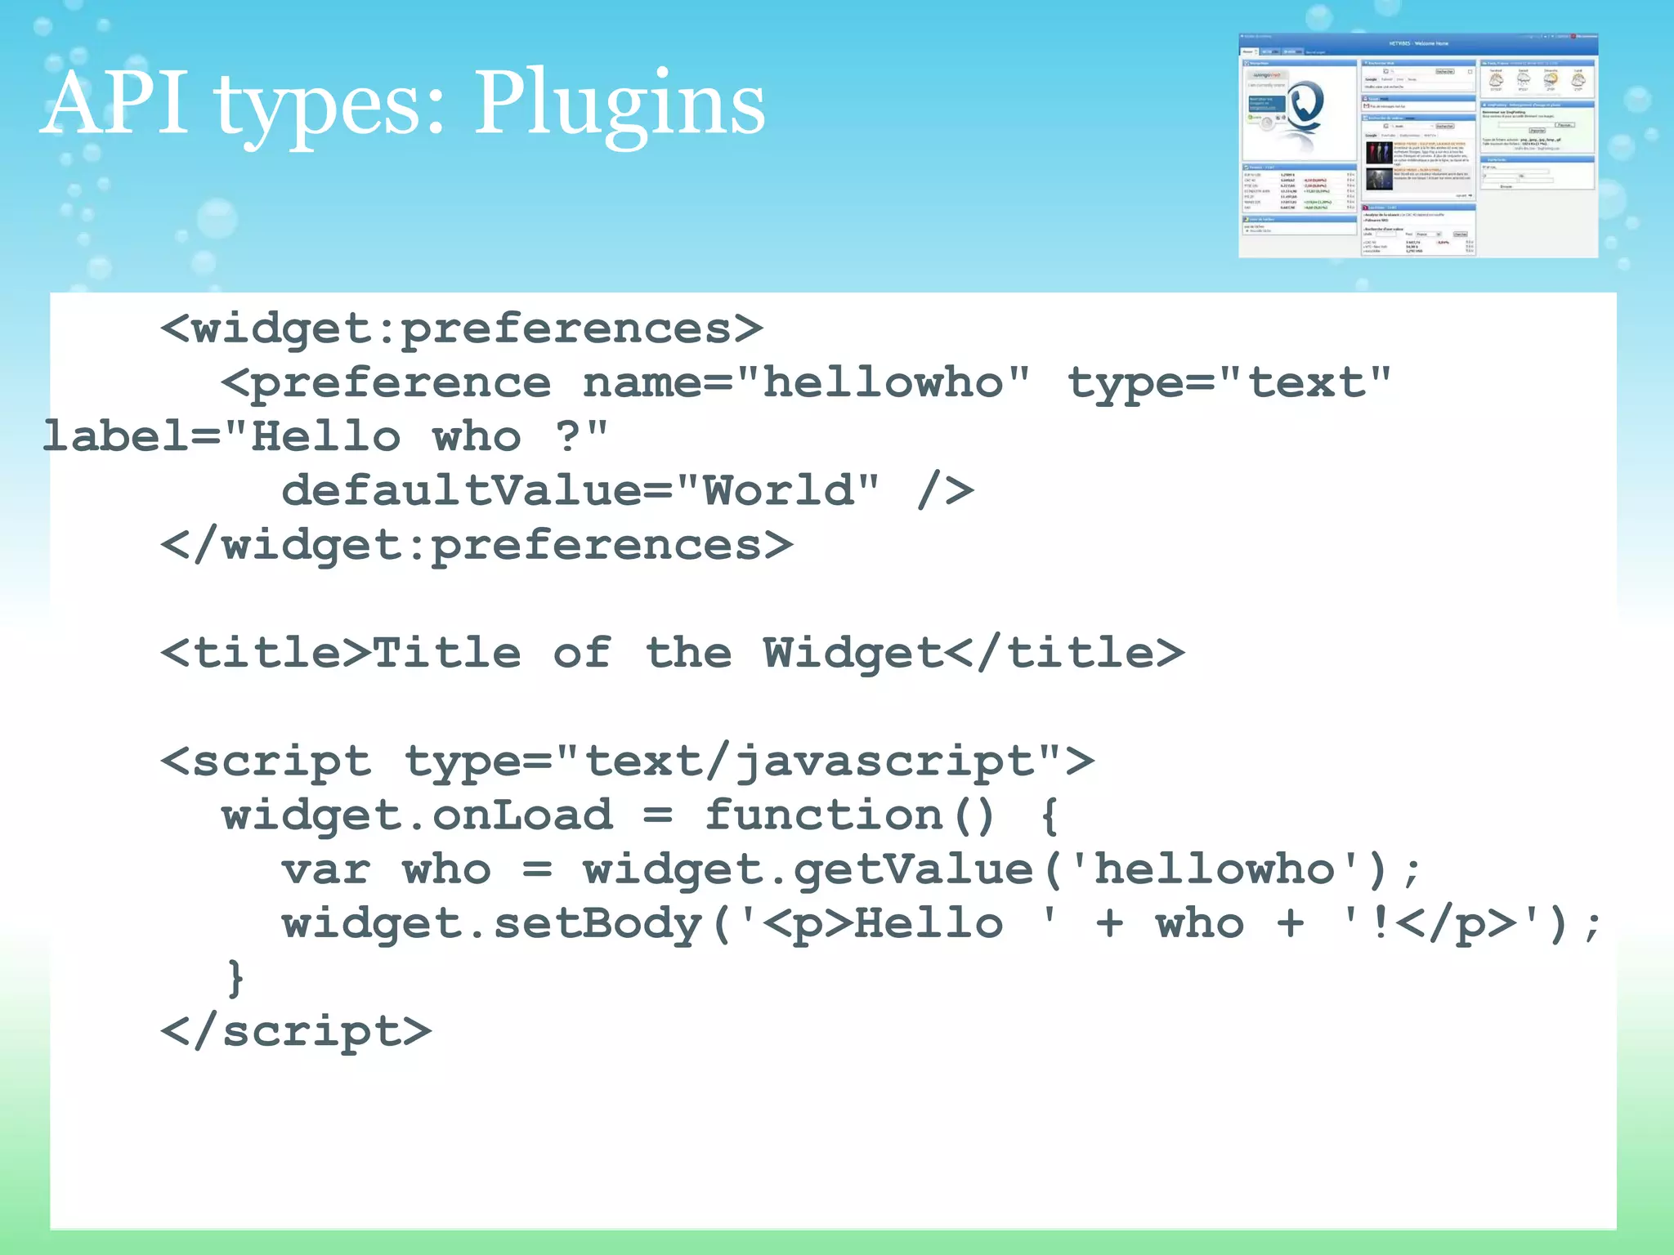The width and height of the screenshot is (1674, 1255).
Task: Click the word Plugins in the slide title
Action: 619,105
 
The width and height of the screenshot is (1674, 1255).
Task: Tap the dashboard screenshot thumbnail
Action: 1417,145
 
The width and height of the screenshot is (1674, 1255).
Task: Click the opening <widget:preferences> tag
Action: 462,329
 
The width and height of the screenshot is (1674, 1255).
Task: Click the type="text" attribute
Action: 1229,383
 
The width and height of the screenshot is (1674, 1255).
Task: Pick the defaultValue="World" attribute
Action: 580,491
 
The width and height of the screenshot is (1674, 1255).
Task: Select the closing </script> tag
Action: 296,1031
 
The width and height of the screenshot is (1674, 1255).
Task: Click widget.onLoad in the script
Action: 417,815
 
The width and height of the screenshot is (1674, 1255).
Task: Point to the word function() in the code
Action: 850,815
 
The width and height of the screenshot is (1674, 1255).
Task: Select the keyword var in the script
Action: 326,869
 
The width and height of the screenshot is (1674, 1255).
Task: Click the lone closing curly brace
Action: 235,978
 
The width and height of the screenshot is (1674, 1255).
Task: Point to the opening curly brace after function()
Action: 1050,815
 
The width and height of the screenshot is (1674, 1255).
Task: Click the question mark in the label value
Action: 567,436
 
